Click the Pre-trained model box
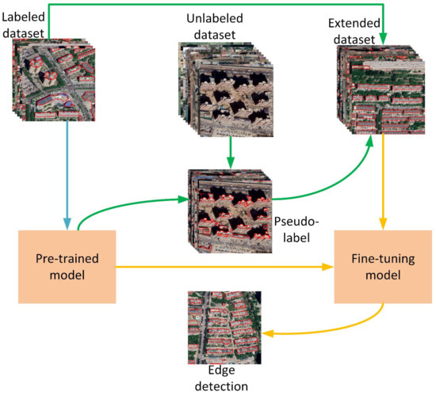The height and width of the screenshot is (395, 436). (x=67, y=267)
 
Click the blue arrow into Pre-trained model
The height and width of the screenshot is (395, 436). (x=67, y=174)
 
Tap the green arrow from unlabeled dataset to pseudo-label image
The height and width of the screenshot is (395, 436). (x=228, y=150)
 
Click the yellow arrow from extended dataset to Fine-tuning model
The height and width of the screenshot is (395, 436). (x=384, y=182)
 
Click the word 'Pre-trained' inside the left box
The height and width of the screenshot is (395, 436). (x=67, y=259)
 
